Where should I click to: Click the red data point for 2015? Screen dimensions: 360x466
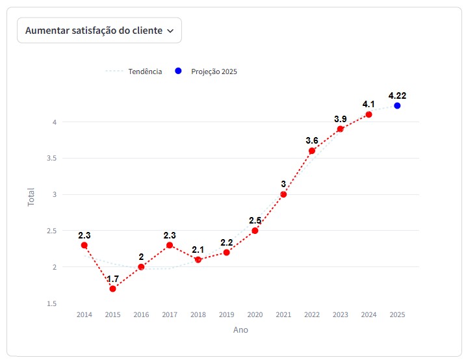pos(112,289)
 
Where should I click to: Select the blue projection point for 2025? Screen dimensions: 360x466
pos(397,105)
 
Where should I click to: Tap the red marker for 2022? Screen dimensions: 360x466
pos(312,151)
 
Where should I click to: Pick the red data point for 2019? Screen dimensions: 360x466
pos(226,252)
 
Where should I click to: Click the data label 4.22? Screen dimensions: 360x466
pos(397,96)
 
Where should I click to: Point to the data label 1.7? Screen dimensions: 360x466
pos(112,279)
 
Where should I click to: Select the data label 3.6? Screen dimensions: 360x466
pos(312,140)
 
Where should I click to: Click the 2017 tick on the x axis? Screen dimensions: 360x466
pos(170,315)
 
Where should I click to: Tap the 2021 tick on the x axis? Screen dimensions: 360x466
pos(283,315)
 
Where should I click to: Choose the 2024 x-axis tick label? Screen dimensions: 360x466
pos(369,315)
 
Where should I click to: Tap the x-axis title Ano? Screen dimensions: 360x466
pos(240,330)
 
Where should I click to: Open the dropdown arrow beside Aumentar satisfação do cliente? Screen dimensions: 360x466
pos(170,31)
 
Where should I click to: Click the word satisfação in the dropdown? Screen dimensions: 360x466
pos(95,30)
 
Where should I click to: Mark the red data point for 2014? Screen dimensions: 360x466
pos(84,245)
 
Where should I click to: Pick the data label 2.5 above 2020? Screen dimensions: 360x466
pos(255,221)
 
